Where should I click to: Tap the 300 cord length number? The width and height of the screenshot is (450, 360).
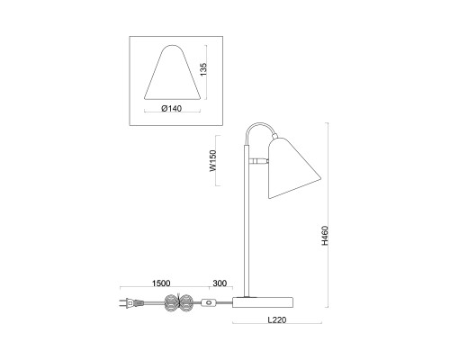coord(218,283)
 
